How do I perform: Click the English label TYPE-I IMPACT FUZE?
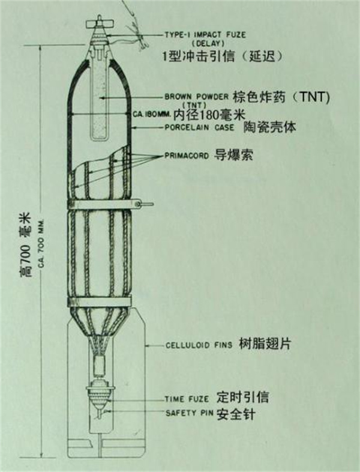click(x=205, y=35)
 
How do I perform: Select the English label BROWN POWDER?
click(x=196, y=97)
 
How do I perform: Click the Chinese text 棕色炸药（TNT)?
click(x=281, y=97)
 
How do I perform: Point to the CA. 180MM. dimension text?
click(x=152, y=114)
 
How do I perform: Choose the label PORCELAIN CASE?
click(x=199, y=127)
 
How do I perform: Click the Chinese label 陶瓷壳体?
click(x=270, y=127)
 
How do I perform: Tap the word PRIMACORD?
click(x=187, y=156)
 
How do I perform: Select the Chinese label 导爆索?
click(x=233, y=155)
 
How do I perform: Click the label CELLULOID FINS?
click(x=199, y=345)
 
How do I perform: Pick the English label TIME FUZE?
click(x=187, y=399)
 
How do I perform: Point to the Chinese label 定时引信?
click(x=243, y=398)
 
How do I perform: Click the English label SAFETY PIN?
click(x=190, y=413)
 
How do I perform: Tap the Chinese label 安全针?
click(x=236, y=413)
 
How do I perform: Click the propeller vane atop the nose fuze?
click(x=99, y=23)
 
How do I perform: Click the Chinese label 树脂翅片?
click(x=265, y=343)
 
